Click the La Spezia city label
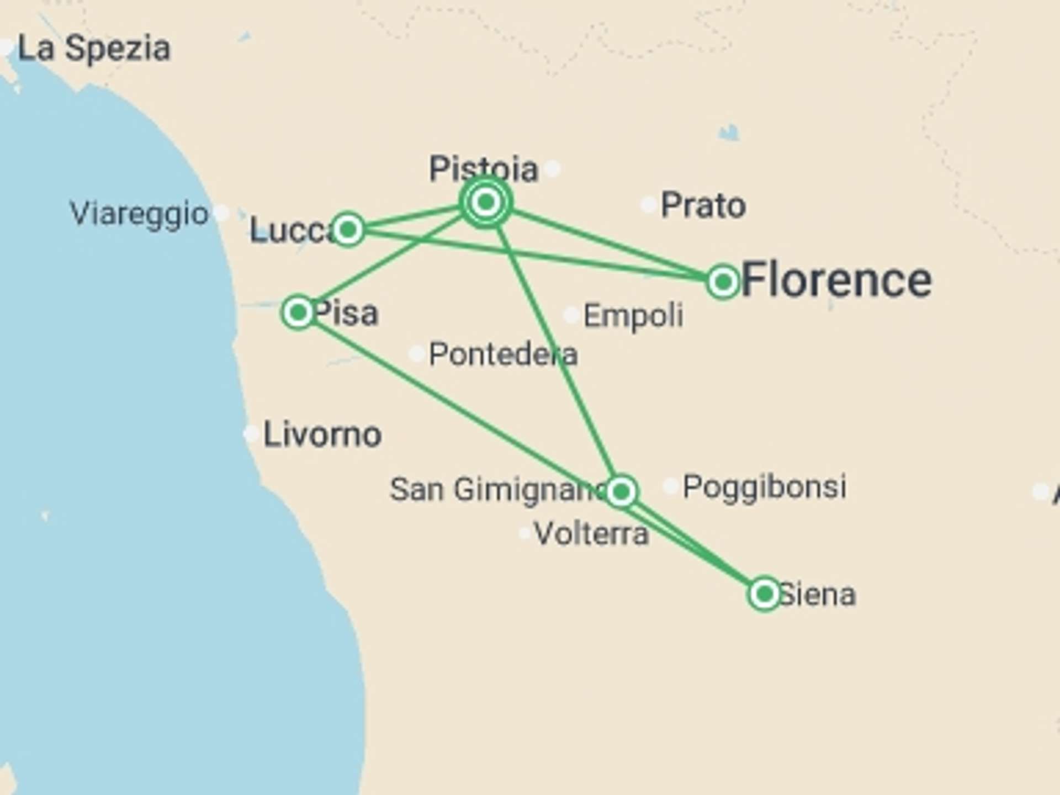click(x=94, y=49)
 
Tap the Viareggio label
click(x=139, y=214)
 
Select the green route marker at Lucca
click(x=348, y=229)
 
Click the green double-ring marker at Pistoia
click(x=485, y=203)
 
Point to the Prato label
click(x=703, y=205)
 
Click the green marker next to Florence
click(x=723, y=282)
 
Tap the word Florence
click(x=836, y=280)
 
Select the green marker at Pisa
click(x=298, y=312)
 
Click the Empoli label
click(x=633, y=316)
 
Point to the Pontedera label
click(x=503, y=354)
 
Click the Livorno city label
click(x=322, y=434)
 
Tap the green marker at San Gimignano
click(x=621, y=491)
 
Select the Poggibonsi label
click(x=765, y=486)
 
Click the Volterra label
click(x=591, y=534)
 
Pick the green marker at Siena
click(x=765, y=594)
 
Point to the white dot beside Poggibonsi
click(x=670, y=486)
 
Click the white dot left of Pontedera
click(x=416, y=354)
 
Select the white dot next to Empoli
click(x=571, y=315)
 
